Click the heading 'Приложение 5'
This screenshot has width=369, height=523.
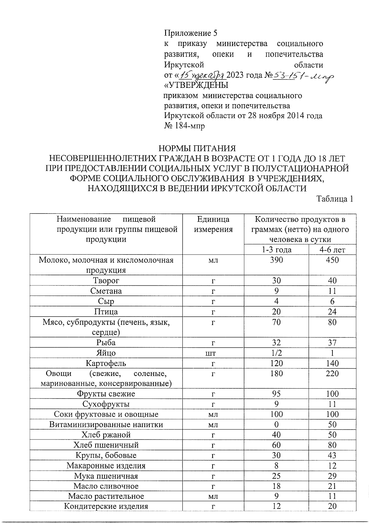pos(191,33)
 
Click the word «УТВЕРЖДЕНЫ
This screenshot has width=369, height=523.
pos(197,85)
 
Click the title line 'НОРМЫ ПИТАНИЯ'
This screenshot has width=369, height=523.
pos(197,149)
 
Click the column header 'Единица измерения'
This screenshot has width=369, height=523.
pos(213,224)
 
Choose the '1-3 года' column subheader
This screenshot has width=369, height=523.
pos(276,250)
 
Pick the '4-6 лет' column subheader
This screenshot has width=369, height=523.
pos(332,250)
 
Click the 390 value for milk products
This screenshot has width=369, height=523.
pos(276,260)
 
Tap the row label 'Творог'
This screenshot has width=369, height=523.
pos(106,281)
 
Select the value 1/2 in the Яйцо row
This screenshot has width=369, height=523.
pos(276,353)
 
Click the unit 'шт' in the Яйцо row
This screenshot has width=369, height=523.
pos(213,353)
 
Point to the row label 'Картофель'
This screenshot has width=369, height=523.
pos(106,363)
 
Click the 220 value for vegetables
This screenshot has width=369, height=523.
pos(332,374)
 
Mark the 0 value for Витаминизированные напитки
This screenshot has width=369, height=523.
pos(276,425)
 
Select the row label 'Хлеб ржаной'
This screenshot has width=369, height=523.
pos(106,435)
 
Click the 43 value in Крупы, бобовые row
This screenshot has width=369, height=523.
pos(332,456)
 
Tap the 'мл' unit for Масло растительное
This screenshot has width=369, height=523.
pos(213,496)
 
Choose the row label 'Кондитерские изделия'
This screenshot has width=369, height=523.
pos(106,506)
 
